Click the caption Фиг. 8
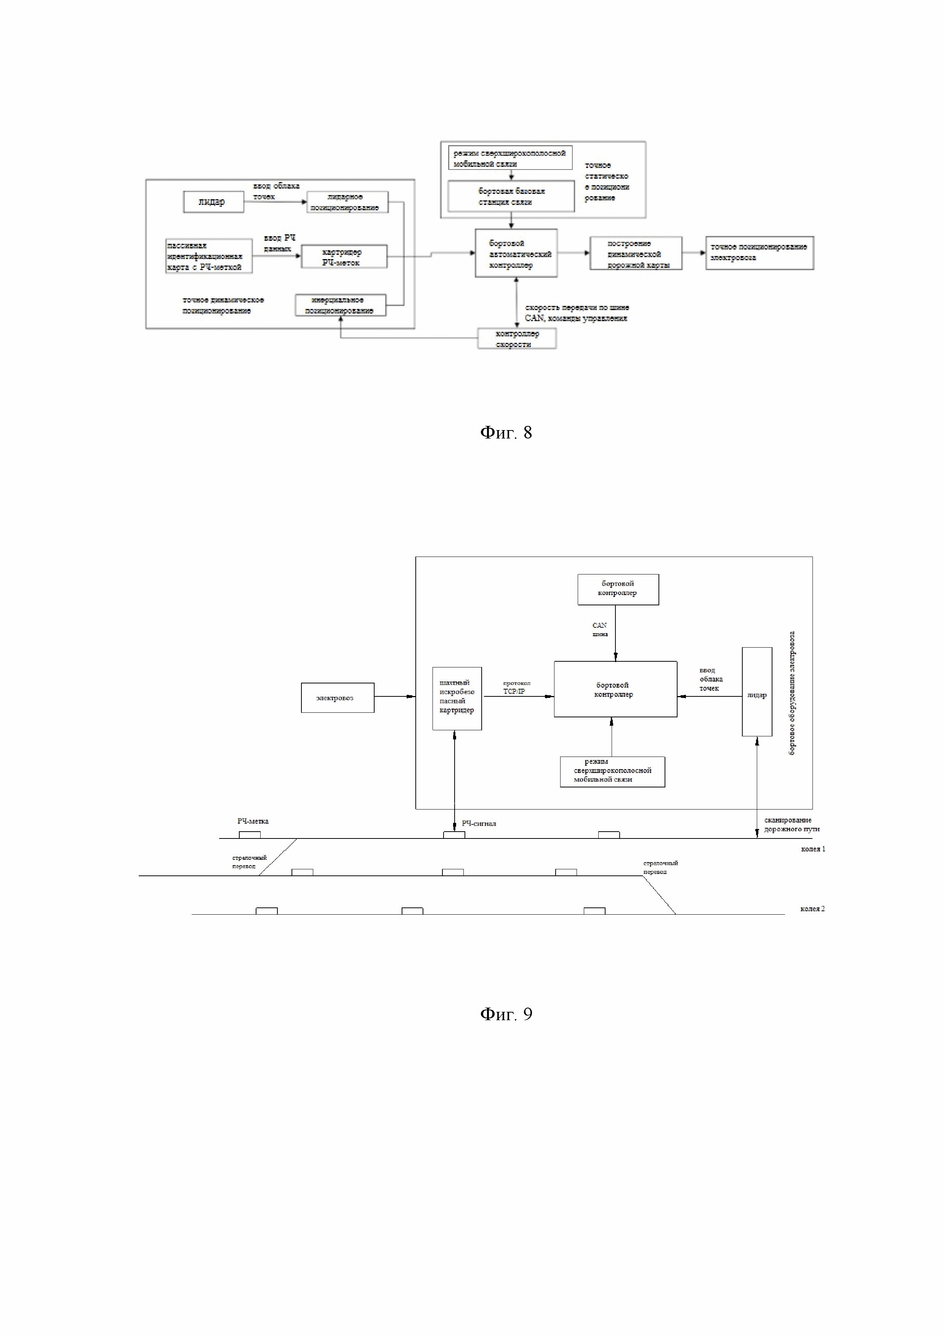click(505, 432)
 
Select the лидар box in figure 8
click(213, 202)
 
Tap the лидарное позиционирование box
click(347, 202)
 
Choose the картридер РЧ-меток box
click(343, 257)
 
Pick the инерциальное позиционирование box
click(340, 305)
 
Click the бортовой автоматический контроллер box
click(516, 254)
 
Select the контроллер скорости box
click(517, 339)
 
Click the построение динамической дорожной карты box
click(636, 254)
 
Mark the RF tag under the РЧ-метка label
click(250, 834)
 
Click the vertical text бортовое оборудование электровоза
click(792, 693)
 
